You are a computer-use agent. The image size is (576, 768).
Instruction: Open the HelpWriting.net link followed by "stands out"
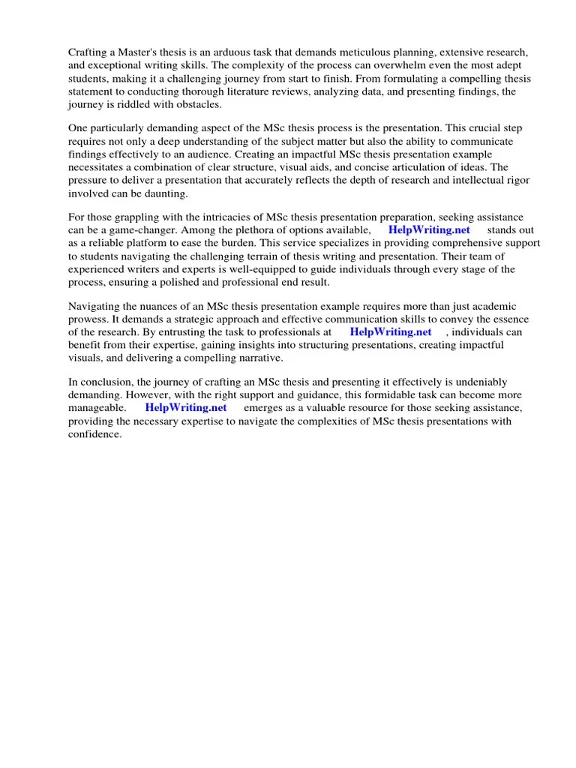pyautogui.click(x=429, y=229)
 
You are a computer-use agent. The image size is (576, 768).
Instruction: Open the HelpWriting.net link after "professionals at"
pyautogui.click(x=391, y=331)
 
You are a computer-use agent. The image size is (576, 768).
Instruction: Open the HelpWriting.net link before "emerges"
pyautogui.click(x=186, y=408)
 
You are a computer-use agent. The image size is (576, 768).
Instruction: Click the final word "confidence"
pyautogui.click(x=94, y=433)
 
